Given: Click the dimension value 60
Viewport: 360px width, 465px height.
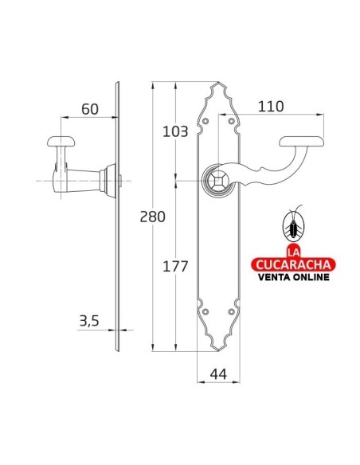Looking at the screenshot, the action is (x=90, y=109).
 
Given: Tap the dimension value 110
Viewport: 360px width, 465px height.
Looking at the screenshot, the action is (x=271, y=107).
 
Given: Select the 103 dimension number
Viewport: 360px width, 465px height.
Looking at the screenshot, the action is (x=175, y=131).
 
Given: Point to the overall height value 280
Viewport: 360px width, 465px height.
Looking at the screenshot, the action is (x=152, y=217).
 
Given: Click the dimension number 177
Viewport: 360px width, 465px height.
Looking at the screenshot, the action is (x=175, y=266).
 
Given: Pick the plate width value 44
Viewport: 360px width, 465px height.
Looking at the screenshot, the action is (x=218, y=374).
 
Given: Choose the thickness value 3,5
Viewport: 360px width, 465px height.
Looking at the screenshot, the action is (x=89, y=321).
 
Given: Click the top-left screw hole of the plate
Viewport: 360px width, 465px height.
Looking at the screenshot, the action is (x=205, y=121).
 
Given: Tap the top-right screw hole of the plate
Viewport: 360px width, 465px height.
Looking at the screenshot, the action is (x=232, y=121).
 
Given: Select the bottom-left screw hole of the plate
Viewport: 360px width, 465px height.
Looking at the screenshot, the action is (x=205, y=311).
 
